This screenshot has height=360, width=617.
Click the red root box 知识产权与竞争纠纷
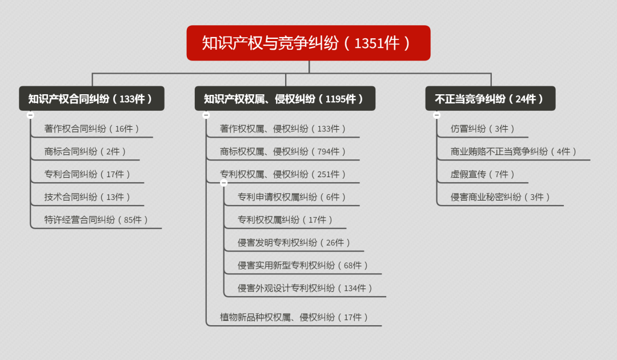point(308,43)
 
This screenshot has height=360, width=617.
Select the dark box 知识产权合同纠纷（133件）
point(91,99)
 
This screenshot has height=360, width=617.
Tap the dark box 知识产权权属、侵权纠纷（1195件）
point(285,99)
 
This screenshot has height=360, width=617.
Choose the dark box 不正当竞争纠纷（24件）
point(490,99)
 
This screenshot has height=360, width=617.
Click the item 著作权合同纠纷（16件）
point(92,129)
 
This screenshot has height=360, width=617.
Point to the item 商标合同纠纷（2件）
point(85,151)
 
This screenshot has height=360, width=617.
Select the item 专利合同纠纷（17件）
point(87,174)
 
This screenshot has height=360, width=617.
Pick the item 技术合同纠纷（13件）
point(87,197)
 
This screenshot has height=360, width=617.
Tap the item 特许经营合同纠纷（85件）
point(97,220)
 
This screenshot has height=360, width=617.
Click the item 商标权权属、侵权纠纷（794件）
point(283,151)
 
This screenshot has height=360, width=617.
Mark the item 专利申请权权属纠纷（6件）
point(292,197)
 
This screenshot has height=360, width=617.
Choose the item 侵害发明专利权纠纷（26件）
point(294,243)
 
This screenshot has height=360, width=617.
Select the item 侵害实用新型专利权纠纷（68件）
point(303,266)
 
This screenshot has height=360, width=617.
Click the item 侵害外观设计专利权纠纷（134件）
point(306,289)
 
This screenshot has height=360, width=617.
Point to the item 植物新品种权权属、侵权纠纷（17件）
point(294,317)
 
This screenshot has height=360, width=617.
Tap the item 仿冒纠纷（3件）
point(483,129)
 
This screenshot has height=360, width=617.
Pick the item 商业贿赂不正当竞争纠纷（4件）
point(514,151)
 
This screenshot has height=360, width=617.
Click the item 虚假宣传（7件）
point(483,174)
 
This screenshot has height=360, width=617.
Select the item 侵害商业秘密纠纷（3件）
point(500,197)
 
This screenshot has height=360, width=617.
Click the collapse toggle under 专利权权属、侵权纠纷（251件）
point(223,183)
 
